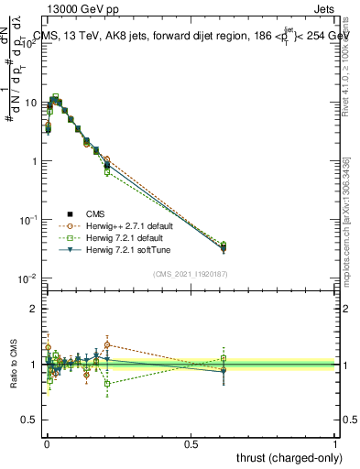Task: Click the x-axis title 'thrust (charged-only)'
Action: (285, 456)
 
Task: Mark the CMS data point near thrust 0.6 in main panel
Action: (223, 247)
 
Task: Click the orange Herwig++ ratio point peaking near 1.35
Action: (107, 345)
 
